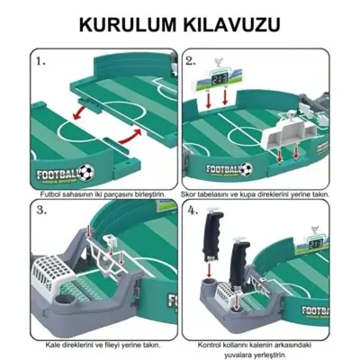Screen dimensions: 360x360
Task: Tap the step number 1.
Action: [x=41, y=64]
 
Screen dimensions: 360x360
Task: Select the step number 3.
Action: [x=41, y=211]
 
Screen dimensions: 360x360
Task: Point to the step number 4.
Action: [x=191, y=212]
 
